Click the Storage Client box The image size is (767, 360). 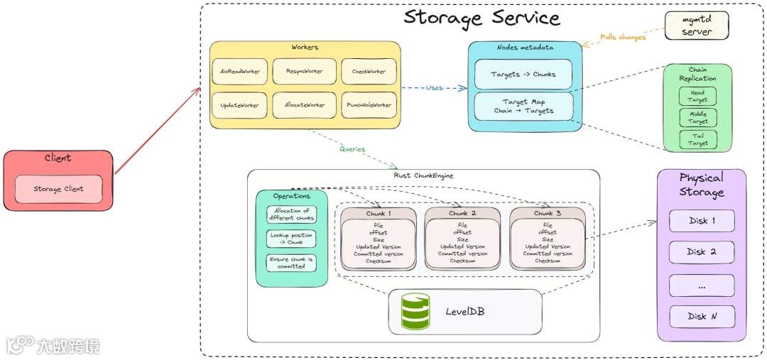pyautogui.click(x=59, y=189)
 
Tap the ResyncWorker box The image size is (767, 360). pyautogui.click(x=304, y=72)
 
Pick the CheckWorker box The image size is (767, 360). pyautogui.click(x=369, y=72)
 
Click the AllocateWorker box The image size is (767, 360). pyautogui.click(x=304, y=105)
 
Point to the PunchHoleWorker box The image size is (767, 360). pyautogui.click(x=369, y=105)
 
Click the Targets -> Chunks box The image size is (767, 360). pyautogui.click(x=523, y=74)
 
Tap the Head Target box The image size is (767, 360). pyautogui.click(x=697, y=97)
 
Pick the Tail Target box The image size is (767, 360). pyautogui.click(x=697, y=139)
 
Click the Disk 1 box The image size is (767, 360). pyautogui.click(x=702, y=221)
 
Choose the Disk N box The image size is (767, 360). pyautogui.click(x=702, y=316)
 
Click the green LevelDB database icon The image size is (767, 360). pyautogui.click(x=415, y=311)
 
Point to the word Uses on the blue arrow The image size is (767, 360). pyautogui.click(x=435, y=88)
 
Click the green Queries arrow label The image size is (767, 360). pyautogui.click(x=352, y=149)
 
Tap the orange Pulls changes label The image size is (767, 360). pyautogui.click(x=622, y=37)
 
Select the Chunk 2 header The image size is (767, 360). pyautogui.click(x=462, y=213)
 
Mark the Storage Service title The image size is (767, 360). pyautogui.click(x=482, y=18)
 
